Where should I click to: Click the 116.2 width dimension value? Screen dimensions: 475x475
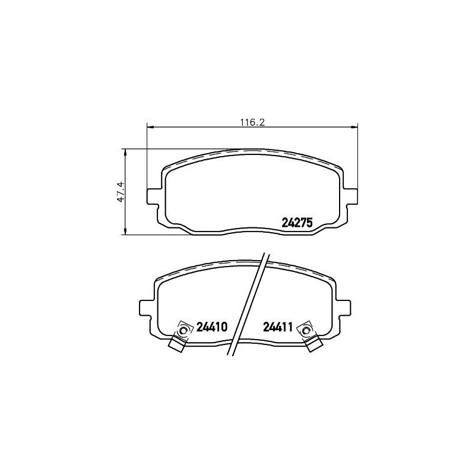click(253, 122)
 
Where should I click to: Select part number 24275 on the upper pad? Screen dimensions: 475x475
click(297, 223)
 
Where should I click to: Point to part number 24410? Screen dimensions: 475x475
click(212, 327)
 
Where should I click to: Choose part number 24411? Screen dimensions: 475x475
click(277, 327)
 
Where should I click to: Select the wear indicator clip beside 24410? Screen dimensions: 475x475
click(181, 335)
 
